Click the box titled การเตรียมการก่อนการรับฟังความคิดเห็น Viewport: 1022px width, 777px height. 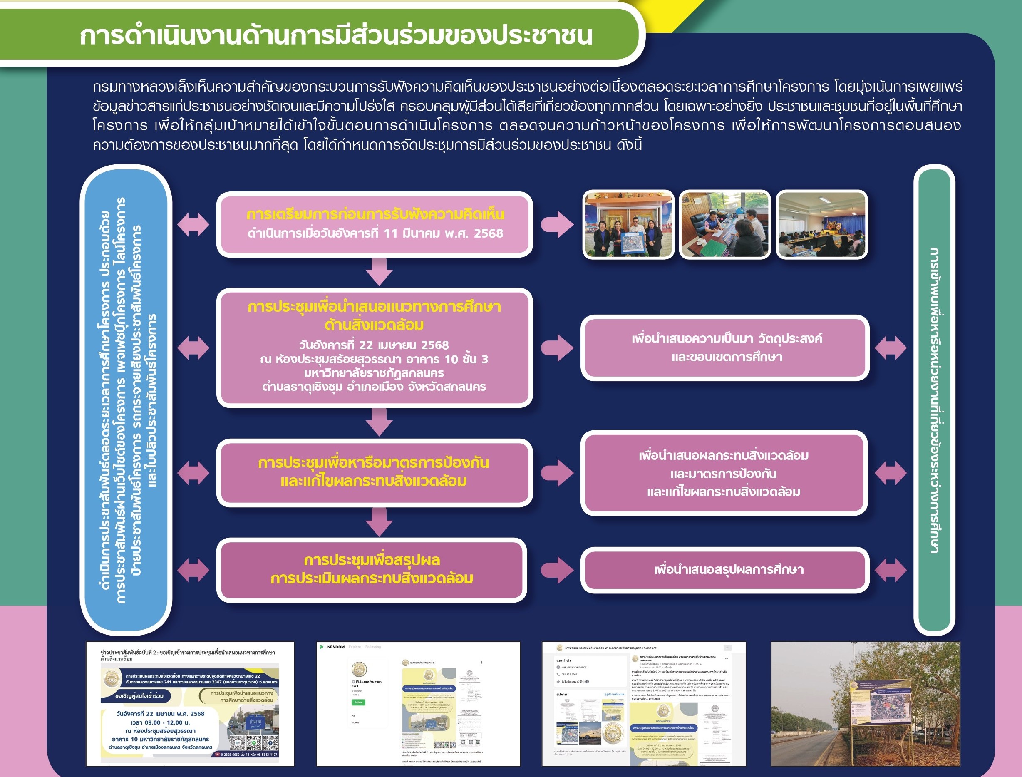(374, 224)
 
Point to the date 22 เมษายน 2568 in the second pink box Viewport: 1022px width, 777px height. (374, 345)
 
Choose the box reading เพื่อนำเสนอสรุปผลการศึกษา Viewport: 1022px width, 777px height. (724, 570)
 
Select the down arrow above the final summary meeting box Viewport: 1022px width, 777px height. (379, 522)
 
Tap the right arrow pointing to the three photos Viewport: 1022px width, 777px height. (557, 225)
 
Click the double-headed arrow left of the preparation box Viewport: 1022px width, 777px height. (193, 225)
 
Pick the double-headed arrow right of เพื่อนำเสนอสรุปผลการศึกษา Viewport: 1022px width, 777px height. (890, 570)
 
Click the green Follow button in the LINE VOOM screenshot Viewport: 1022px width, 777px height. (358, 702)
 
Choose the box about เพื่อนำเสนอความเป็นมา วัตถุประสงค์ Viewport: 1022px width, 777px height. (724, 348)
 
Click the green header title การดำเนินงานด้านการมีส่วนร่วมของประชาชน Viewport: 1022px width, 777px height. (336, 36)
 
